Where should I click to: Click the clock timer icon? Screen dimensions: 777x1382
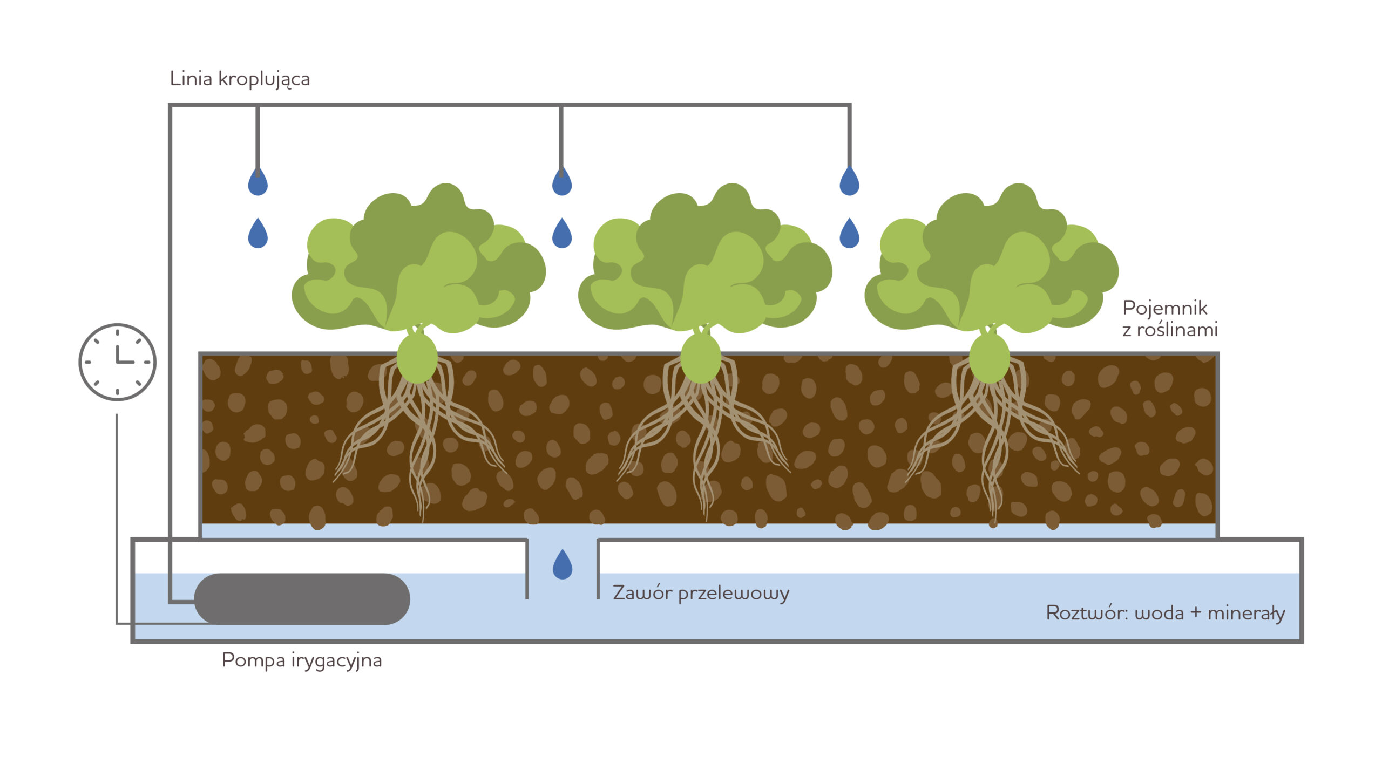coord(117,362)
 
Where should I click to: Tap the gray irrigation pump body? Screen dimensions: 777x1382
coord(302,599)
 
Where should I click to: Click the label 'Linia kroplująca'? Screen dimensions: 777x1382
coord(240,79)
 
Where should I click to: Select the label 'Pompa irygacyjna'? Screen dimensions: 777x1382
coord(302,660)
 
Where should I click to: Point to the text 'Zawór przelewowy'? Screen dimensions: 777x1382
coord(701,593)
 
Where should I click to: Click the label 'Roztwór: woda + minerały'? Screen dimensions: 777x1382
coord(1165,613)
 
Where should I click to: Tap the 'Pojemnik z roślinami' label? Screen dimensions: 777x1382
coord(1170,318)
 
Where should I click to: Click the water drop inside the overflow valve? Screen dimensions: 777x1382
coord(563,565)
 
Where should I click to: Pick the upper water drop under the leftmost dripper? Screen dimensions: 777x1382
coord(258,182)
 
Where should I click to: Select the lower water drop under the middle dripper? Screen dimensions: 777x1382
coord(562,234)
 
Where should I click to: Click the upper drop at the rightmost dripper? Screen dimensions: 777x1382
coord(849,182)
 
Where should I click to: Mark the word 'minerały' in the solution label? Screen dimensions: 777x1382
coord(1246,613)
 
